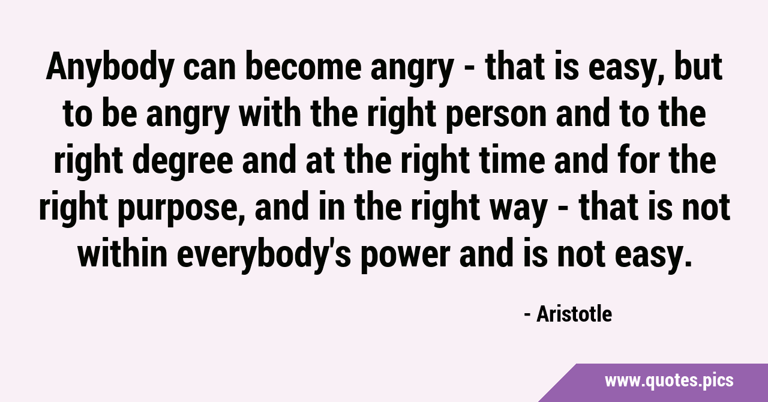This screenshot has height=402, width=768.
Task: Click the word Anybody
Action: (x=110, y=68)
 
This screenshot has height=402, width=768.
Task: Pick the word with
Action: (x=270, y=113)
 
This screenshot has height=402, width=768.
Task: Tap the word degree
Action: (x=183, y=162)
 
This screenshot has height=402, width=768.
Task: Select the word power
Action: (x=405, y=258)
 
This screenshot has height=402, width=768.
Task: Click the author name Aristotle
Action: (x=574, y=314)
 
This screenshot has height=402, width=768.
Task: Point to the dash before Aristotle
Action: (x=528, y=315)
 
